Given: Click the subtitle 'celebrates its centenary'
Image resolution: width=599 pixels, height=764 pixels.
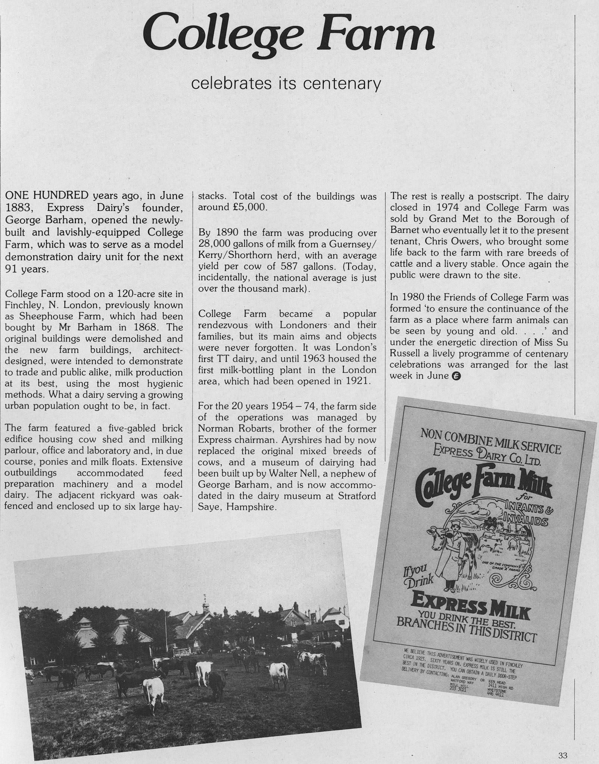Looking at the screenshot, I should (x=286, y=84).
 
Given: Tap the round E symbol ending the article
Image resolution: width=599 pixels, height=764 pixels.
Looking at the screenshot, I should (x=456, y=376).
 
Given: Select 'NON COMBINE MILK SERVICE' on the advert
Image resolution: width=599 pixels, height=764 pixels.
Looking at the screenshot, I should (x=490, y=441).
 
